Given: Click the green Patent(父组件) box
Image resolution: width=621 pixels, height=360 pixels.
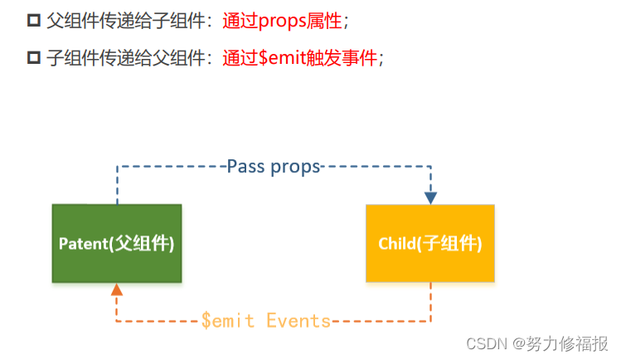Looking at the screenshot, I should coord(117,243).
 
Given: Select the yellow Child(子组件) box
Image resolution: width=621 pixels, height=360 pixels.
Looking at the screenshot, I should coord(430,243).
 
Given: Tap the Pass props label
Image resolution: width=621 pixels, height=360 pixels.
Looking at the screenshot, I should coord(274,166).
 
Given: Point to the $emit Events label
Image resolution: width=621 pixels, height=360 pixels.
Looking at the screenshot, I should coord(265,321).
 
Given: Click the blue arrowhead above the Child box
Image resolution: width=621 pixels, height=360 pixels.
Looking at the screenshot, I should coord(430,197).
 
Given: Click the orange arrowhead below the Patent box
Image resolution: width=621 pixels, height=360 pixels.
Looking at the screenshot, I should coord(117,289).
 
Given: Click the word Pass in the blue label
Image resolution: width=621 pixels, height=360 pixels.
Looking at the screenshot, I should coord(245,166).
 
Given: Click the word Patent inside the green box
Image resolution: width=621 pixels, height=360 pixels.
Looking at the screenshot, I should coord(83,244).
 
